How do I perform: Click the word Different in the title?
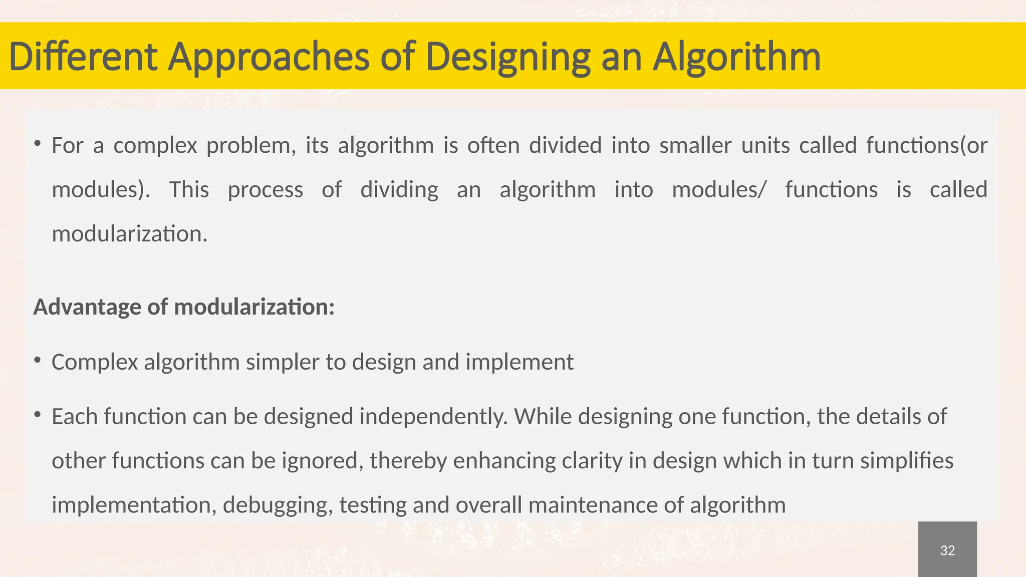pos(83,57)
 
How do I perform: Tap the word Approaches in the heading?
pos(268,57)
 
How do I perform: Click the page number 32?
pos(947,550)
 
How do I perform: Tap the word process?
pos(265,190)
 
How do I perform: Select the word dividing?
pos(399,190)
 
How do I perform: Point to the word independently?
pos(433,417)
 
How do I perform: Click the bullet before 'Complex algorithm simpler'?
pos(38,360)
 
